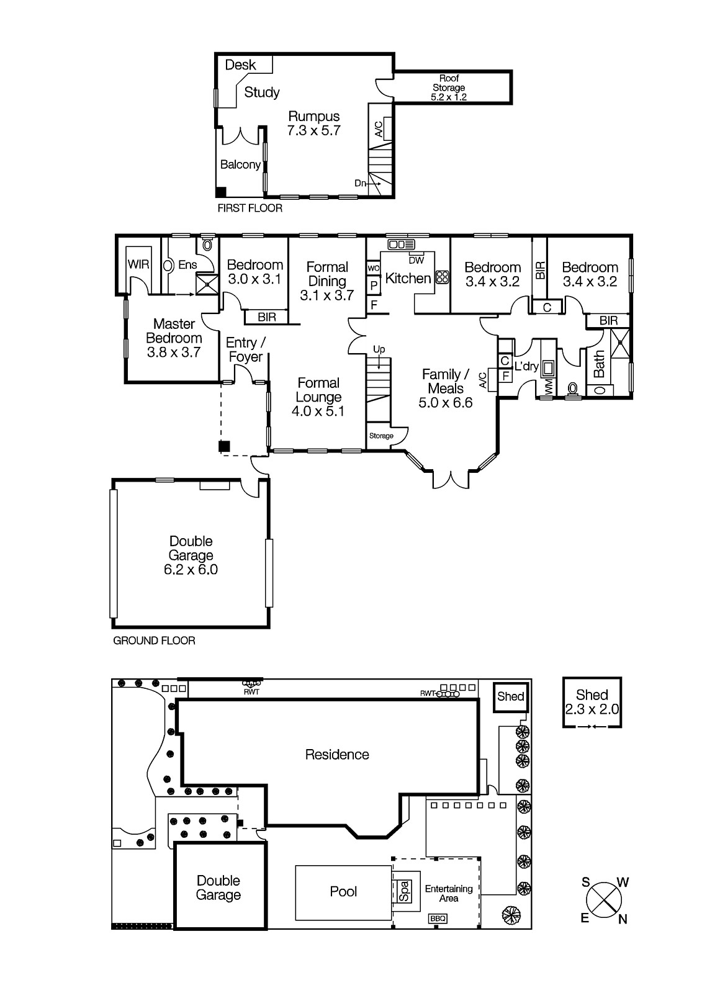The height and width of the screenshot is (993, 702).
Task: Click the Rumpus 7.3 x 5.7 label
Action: pos(313,123)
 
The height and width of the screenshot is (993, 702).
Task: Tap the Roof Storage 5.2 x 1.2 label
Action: pos(449,88)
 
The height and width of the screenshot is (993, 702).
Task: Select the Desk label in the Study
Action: pos(240,65)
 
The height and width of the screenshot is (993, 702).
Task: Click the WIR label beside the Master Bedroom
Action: pos(138,264)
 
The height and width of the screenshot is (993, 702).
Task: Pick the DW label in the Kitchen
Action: pos(416,261)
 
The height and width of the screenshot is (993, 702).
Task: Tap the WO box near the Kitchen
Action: pos(374,268)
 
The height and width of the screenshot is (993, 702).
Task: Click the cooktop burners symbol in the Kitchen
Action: pos(443,277)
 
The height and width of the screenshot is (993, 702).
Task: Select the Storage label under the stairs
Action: pos(381,436)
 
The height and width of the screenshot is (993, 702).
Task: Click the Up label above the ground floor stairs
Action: pos(379,350)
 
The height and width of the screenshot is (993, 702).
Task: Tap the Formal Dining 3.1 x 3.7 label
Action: pos(327,281)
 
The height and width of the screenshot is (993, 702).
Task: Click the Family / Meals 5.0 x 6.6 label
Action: pos(446,389)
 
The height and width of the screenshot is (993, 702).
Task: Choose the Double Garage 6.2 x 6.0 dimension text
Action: pos(191,569)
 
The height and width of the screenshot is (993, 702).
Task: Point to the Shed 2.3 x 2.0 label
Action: pos(592,702)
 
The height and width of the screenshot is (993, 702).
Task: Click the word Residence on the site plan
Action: pos(337,755)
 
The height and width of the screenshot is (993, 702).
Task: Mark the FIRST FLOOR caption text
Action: pos(250,209)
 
